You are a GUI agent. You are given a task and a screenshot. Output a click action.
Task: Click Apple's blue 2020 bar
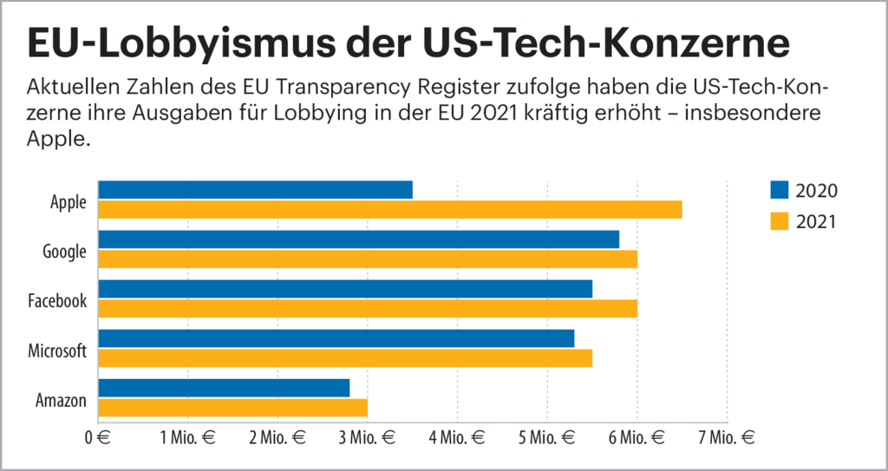pos(255,189)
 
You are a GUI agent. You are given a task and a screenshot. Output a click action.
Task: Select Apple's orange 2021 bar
pos(390,209)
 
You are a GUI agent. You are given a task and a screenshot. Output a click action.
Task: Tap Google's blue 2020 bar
pos(358,239)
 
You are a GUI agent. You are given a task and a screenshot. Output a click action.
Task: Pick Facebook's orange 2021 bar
pos(368,309)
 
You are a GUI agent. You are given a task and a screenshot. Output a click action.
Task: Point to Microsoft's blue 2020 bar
pos(336,338)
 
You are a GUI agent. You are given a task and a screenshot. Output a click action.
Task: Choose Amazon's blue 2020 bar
pos(224,388)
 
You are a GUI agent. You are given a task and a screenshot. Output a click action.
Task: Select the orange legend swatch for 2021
pos(779,222)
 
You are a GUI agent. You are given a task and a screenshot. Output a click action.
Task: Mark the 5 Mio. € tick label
pos(546,438)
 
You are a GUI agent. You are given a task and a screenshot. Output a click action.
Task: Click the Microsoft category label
pos(57,351)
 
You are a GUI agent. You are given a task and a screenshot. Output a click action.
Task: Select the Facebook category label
pos(57,302)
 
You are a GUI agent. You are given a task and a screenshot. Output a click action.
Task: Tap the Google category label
pos(65,252)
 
